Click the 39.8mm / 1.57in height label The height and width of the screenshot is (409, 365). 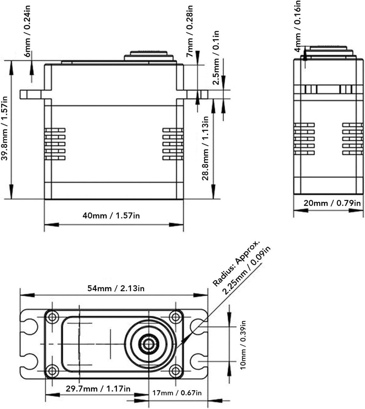pos(4,129)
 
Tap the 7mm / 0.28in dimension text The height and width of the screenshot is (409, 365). pos(189,31)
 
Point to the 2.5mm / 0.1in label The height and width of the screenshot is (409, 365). pos(216,58)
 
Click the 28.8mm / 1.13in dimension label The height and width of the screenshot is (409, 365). pos(205,148)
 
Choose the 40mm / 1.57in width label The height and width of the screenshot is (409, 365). pos(111,216)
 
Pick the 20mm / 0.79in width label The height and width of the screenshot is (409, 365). pos(332,203)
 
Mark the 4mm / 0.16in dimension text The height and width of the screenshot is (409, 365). pos(298,26)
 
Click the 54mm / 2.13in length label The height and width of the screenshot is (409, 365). pos(116,289)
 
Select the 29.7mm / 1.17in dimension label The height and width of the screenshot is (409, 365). pos(98,389)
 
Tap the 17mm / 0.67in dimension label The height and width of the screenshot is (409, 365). pos(177,393)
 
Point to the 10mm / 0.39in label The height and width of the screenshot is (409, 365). pos(243,345)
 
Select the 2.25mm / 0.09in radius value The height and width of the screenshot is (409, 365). pos(246,270)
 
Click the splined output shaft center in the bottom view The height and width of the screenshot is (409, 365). pos(149,344)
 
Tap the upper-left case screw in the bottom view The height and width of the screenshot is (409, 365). pos(52,317)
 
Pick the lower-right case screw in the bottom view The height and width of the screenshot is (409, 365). pos(176,371)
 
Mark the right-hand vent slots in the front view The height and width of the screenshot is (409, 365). pos(173,144)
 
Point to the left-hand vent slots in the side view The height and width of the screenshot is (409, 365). pos(304,139)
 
